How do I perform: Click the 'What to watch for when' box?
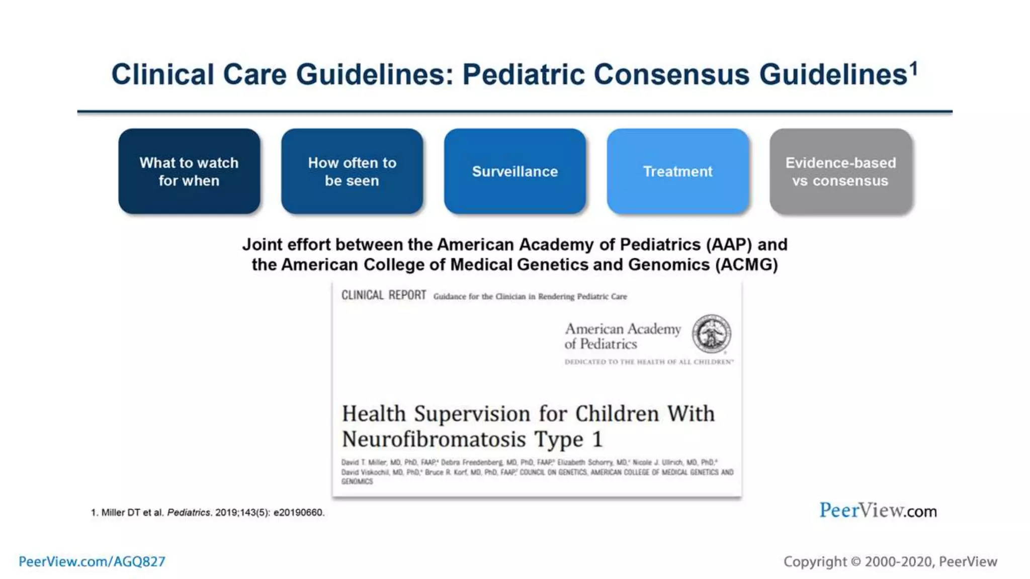[189, 171]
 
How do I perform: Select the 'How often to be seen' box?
[352, 171]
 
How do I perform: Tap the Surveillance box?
[514, 171]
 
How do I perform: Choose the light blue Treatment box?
[677, 171]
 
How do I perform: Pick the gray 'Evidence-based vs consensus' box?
[840, 171]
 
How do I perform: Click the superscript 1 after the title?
[914, 67]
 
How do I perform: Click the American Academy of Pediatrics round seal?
[711, 334]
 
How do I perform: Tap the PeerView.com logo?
[878, 511]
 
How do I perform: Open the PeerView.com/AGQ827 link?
[92, 561]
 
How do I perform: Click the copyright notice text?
[890, 561]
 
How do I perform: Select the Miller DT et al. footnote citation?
[207, 513]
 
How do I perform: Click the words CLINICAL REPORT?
[383, 296]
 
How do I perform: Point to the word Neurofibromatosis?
[434, 439]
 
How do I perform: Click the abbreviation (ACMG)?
[746, 265]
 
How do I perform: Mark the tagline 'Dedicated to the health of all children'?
[649, 362]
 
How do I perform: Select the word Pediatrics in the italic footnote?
[189, 513]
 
